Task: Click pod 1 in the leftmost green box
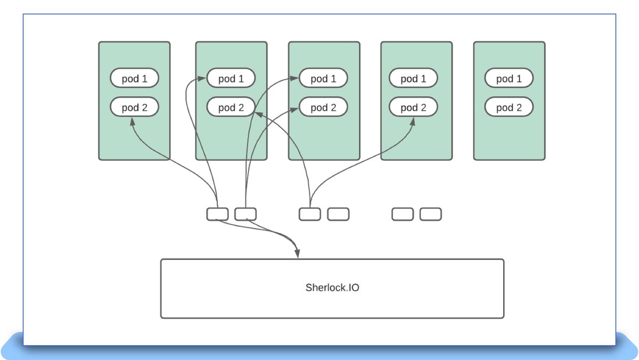click(134, 79)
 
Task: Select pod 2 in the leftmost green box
click(134, 108)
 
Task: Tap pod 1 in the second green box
click(231, 79)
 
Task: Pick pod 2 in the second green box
click(231, 108)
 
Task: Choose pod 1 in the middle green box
click(323, 79)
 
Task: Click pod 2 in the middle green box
click(323, 108)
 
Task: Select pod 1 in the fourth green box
click(413, 79)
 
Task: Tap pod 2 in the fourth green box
click(413, 108)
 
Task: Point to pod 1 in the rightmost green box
click(509, 79)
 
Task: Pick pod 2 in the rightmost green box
click(509, 108)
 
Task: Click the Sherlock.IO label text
click(332, 288)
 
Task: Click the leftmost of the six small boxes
click(217, 214)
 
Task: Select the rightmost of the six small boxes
click(430, 214)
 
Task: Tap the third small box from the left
click(309, 214)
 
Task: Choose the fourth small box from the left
click(338, 214)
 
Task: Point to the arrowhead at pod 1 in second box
click(202, 79)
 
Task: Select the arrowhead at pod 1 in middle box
click(295, 79)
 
